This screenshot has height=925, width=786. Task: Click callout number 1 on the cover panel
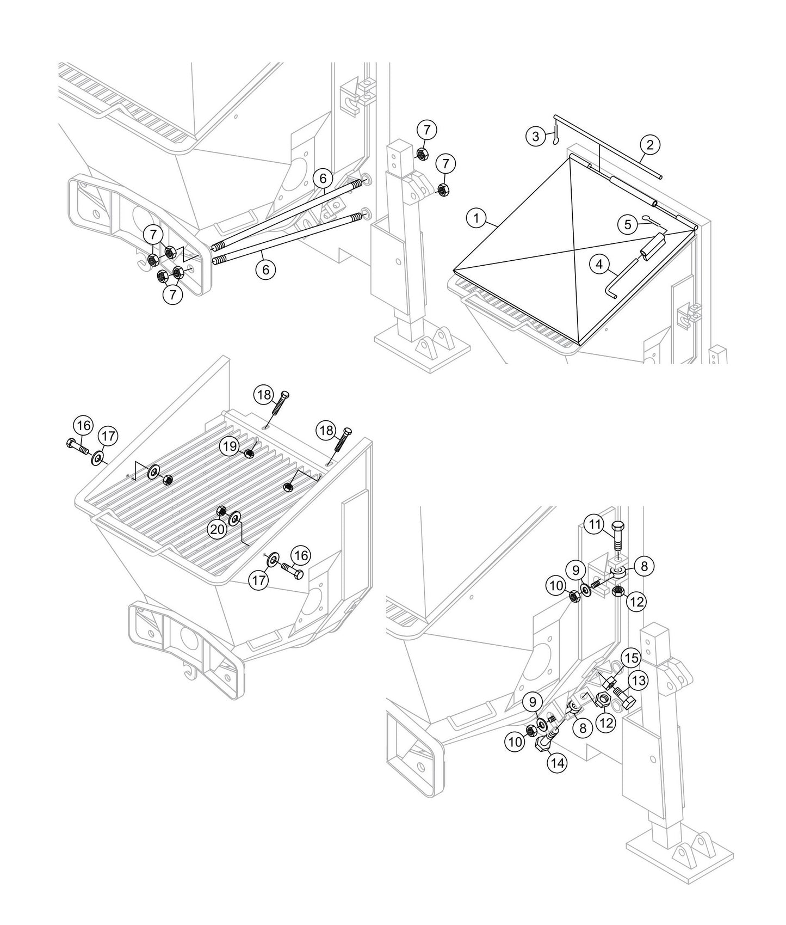point(476,218)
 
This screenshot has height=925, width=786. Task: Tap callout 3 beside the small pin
point(536,136)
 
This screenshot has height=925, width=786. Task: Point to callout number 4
point(599,265)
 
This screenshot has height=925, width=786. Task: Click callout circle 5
point(628,224)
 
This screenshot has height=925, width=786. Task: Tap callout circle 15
point(631,659)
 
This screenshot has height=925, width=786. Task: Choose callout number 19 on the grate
point(230,446)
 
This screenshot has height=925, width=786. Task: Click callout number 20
point(218,529)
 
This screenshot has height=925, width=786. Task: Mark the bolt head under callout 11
point(618,526)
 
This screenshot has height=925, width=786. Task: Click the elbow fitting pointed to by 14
point(547,742)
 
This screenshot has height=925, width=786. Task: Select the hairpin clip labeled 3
point(555,135)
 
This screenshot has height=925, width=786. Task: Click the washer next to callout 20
point(236,517)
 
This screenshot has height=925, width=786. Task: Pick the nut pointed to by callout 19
point(250,453)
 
